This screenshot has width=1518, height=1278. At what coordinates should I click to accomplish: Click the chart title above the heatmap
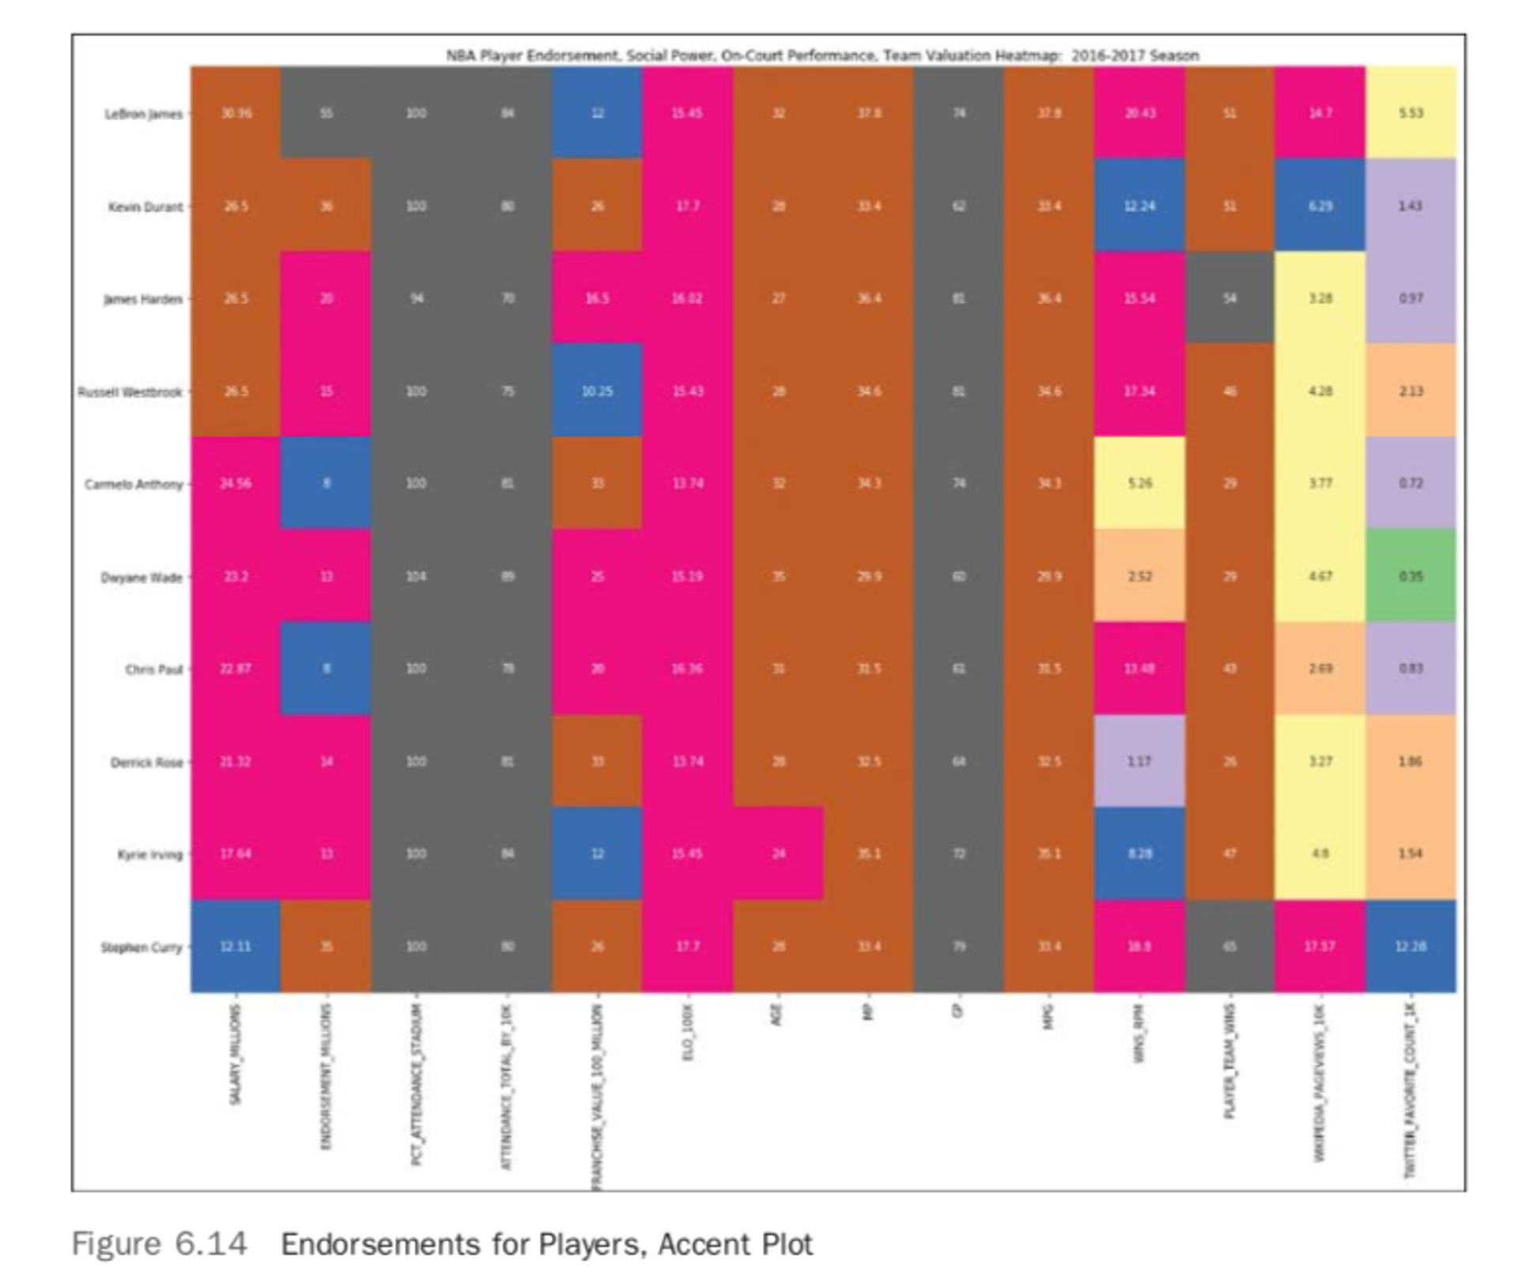[822, 55]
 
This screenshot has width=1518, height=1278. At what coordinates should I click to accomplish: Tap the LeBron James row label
[143, 114]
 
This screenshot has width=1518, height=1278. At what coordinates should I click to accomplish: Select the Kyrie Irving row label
[149, 854]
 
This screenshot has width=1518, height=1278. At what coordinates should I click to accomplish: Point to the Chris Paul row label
[153, 669]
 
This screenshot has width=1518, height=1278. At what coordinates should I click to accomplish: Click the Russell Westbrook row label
[130, 391]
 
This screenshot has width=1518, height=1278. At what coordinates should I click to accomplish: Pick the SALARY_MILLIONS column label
[235, 1055]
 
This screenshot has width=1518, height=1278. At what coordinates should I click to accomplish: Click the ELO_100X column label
[687, 1033]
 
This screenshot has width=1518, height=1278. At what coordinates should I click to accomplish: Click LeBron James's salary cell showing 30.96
[236, 113]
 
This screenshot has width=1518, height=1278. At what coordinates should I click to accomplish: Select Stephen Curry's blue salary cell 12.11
[236, 947]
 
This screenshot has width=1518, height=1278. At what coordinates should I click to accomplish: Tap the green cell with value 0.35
[1410, 576]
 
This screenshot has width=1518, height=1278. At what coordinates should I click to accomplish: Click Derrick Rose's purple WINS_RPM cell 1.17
[1138, 762]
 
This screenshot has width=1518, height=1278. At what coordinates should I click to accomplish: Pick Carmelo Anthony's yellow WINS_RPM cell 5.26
[1138, 483]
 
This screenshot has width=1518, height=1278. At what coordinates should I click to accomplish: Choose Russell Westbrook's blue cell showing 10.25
[597, 391]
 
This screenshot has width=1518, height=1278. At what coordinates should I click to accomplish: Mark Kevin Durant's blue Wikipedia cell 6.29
[1320, 206]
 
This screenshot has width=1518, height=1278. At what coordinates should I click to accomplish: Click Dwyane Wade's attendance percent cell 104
[416, 576]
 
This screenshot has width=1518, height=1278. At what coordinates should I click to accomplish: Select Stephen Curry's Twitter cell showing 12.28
[1410, 947]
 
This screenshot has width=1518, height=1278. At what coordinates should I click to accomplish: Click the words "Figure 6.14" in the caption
[159, 1244]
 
